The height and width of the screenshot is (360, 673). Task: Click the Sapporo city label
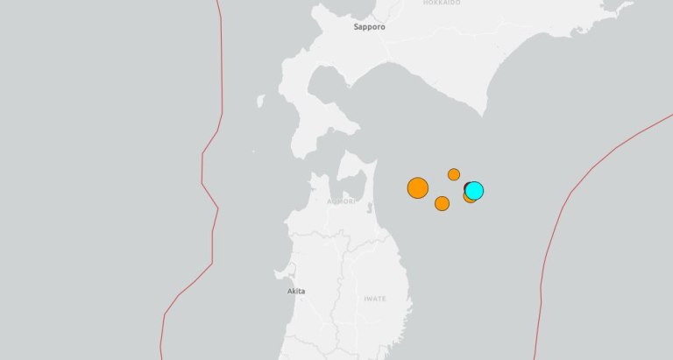369,27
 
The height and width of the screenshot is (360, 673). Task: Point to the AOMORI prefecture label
341,201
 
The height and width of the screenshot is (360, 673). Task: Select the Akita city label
296,291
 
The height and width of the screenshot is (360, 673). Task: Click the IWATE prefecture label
374,299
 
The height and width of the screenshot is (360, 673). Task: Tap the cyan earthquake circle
474,190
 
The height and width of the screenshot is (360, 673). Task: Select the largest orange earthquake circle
418,187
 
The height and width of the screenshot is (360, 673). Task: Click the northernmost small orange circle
454,174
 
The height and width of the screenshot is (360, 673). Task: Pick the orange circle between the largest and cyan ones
442,203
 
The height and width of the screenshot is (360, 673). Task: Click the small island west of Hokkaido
260,101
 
